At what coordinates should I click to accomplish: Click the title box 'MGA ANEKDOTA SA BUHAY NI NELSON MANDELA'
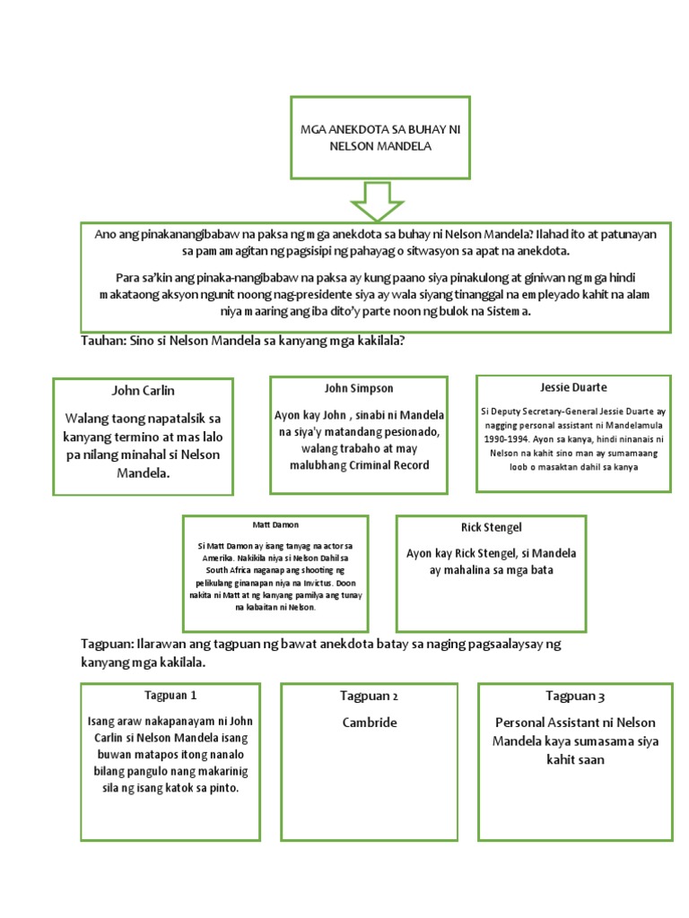[379, 138]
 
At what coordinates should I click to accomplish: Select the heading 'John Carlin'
[143, 391]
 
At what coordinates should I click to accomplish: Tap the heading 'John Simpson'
[358, 388]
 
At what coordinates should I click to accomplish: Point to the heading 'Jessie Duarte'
[573, 387]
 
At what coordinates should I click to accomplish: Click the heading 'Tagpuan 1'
[170, 696]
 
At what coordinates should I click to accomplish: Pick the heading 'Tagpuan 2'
[369, 696]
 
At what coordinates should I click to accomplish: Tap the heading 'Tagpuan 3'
[575, 696]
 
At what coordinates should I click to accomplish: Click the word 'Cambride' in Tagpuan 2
[369, 723]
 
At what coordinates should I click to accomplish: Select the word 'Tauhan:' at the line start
[104, 342]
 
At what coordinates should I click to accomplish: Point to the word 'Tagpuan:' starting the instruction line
[107, 645]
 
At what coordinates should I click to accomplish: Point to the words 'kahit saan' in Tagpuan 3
[575, 758]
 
